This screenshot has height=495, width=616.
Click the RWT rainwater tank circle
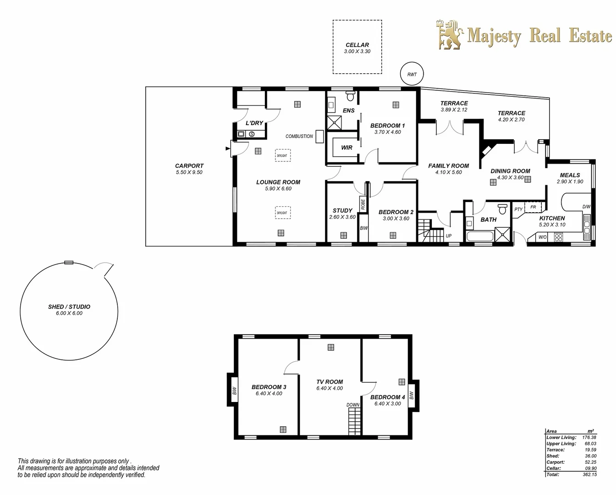coord(412,74)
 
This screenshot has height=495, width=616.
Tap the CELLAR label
coord(357,45)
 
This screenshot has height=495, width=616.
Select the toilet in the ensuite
coord(351,96)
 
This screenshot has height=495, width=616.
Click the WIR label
coord(346,148)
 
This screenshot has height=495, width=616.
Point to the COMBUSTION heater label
coord(299,136)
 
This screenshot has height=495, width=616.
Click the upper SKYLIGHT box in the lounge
coord(282,155)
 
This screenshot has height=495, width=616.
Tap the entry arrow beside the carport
coord(228,148)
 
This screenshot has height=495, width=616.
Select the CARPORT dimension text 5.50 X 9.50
coord(189,172)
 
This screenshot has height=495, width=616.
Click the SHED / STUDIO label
coord(69,307)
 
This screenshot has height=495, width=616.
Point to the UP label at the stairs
coord(448,236)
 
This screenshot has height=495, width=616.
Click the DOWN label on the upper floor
coord(353,405)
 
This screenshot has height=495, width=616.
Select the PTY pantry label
coord(518,209)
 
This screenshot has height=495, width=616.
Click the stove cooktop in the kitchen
coord(558,237)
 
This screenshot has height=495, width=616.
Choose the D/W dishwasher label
coord(586,207)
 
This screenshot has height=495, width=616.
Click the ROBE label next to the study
coord(363,204)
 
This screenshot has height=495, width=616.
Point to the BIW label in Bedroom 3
coord(234,391)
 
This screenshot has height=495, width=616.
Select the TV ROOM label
coord(330,382)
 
